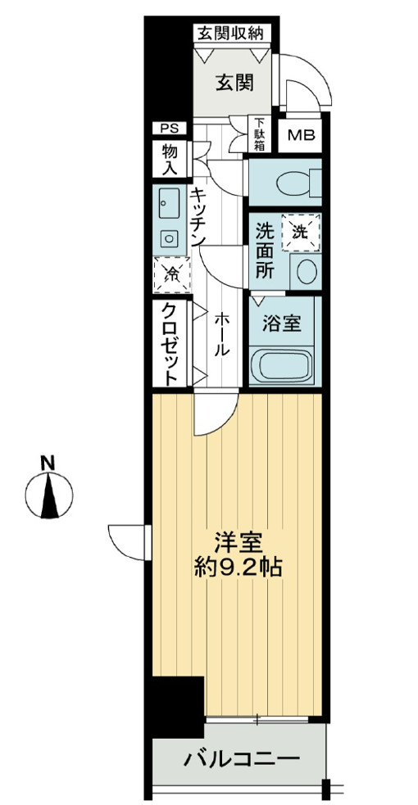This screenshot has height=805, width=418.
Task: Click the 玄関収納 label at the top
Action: (x=230, y=34)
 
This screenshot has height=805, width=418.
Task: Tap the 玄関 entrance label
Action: (x=234, y=82)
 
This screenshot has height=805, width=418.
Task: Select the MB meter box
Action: (x=301, y=136)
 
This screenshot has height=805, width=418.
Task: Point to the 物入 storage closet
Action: (x=170, y=160)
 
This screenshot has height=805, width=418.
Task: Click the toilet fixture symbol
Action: (x=297, y=183)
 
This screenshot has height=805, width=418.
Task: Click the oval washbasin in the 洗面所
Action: (x=307, y=272)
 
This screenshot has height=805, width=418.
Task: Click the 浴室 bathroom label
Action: (x=282, y=324)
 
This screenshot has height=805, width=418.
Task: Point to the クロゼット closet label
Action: (x=171, y=343)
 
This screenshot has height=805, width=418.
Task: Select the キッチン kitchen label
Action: (x=199, y=216)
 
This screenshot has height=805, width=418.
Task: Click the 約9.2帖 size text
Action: (x=239, y=567)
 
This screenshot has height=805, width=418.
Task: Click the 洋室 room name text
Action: (x=239, y=544)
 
